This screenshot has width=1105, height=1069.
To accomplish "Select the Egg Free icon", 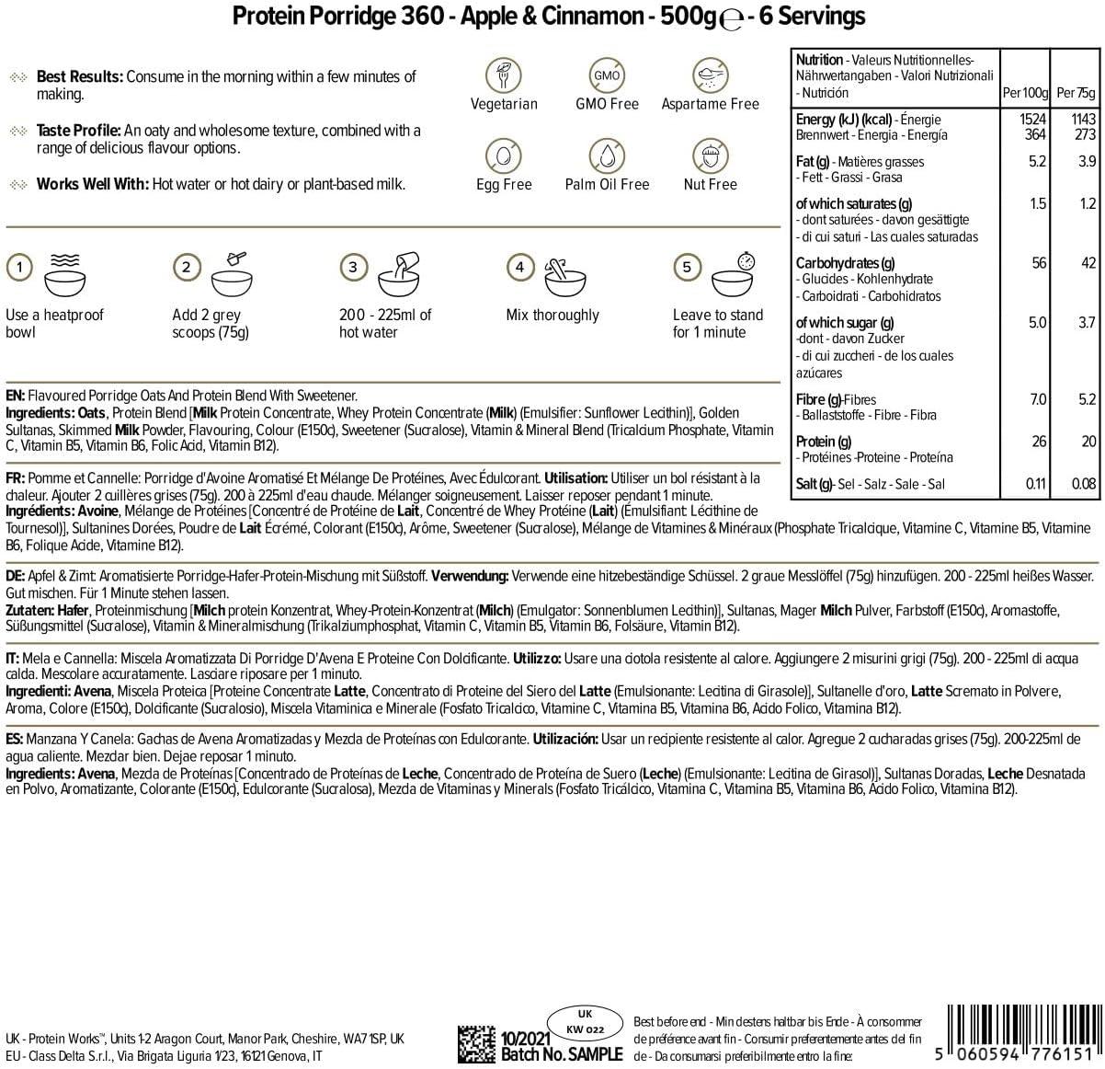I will pyautogui.click(x=504, y=155).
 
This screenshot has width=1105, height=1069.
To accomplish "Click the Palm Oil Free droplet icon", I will pyautogui.click(x=607, y=155).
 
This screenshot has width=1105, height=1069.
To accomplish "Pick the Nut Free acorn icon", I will pyautogui.click(x=710, y=155).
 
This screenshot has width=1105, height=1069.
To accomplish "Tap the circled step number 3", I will pyautogui.click(x=353, y=268).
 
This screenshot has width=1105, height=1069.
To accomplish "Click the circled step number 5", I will pyautogui.click(x=687, y=268).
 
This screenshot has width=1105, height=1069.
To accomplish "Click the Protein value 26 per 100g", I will pyautogui.click(x=1039, y=442).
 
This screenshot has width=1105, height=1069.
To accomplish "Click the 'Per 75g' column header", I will pyautogui.click(x=1077, y=93).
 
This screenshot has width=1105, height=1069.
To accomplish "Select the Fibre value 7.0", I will pyautogui.click(x=1038, y=399).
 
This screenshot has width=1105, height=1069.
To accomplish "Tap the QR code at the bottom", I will pyautogui.click(x=477, y=1042).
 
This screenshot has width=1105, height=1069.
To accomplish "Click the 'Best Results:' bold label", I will pyautogui.click(x=79, y=76).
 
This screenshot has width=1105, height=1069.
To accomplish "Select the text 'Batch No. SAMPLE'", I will pyautogui.click(x=562, y=1054).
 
